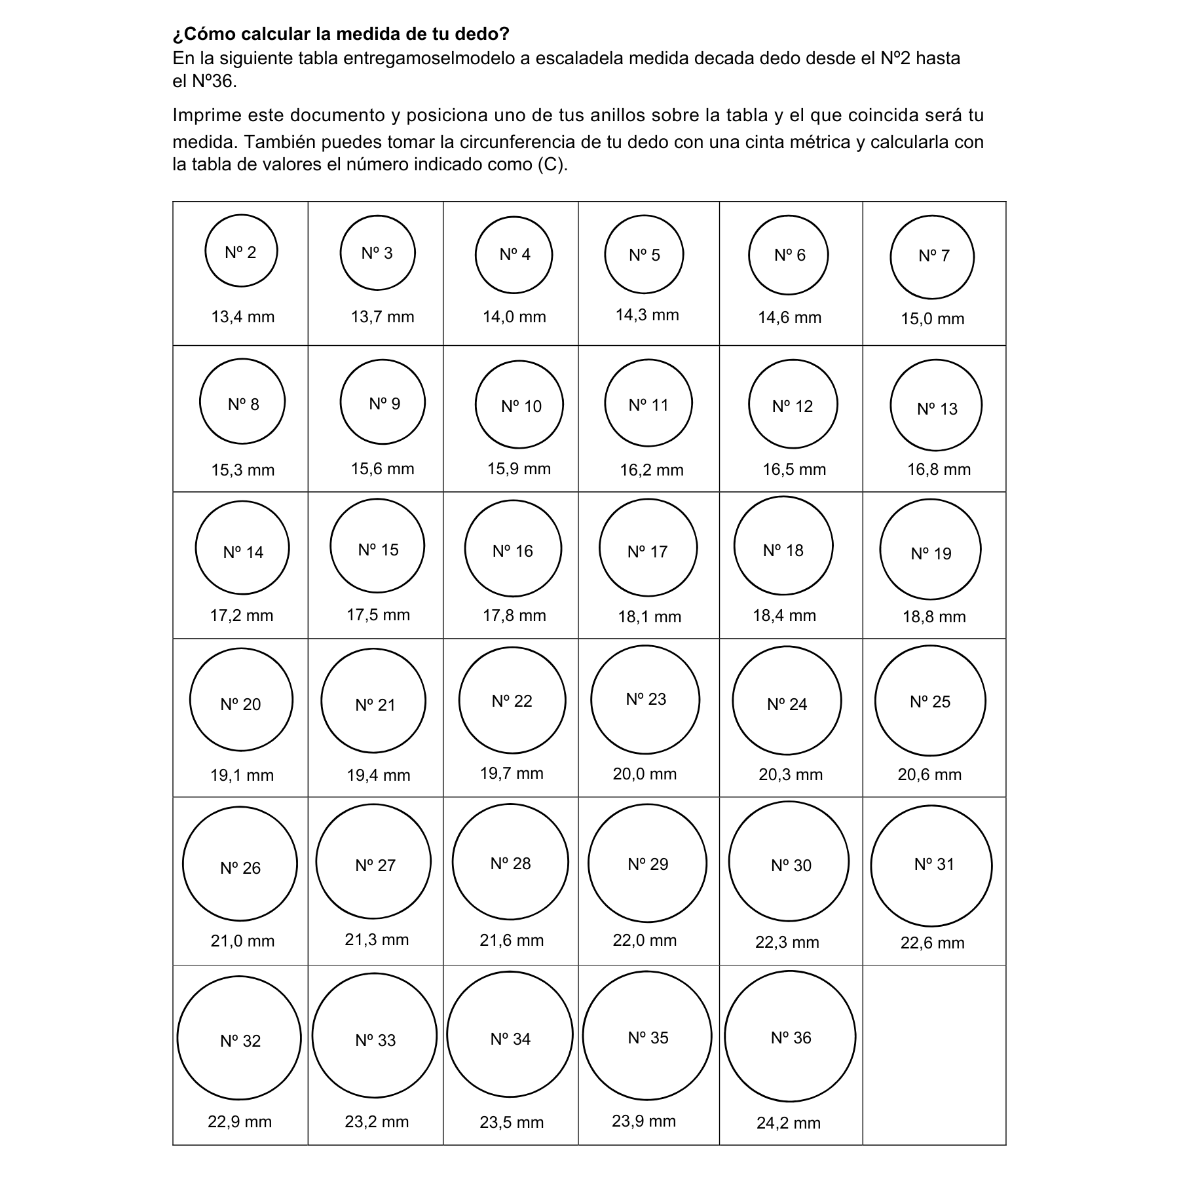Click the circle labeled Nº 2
pyautogui.click(x=241, y=251)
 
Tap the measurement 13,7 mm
pyautogui.click(x=383, y=317)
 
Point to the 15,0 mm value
pyautogui.click(x=932, y=319)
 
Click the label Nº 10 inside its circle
pyautogui.click(x=521, y=407)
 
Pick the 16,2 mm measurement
pyautogui.click(x=652, y=470)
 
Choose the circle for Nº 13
pyautogui.click(x=936, y=405)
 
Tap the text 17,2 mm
pyautogui.click(x=242, y=616)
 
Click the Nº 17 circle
pyautogui.click(x=648, y=548)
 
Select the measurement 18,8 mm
pyautogui.click(x=934, y=616)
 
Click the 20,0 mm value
pyautogui.click(x=645, y=774)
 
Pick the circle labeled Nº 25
pyautogui.click(x=930, y=700)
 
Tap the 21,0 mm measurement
pyautogui.click(x=242, y=941)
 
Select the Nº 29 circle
pyautogui.click(x=647, y=863)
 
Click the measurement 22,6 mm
pyautogui.click(x=932, y=943)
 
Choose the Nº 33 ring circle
pyautogui.click(x=374, y=1036)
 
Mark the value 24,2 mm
pyautogui.click(x=789, y=1123)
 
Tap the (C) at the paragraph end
pyautogui.click(x=552, y=164)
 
